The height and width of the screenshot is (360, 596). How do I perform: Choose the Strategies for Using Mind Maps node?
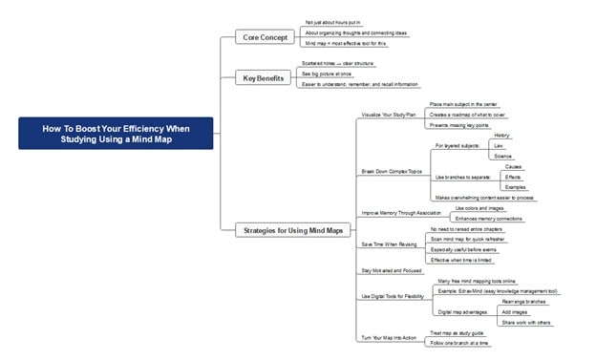pyautogui.click(x=294, y=229)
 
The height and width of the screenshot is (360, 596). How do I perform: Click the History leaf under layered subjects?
pyautogui.click(x=502, y=136)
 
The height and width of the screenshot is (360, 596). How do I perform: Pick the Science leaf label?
pyautogui.click(x=503, y=156)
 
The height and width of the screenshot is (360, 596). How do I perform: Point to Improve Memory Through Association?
pyautogui.click(x=401, y=212)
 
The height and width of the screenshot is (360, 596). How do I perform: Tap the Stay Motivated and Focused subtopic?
pyautogui.click(x=391, y=271)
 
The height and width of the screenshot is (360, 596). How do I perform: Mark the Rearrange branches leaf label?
pyautogui.click(x=522, y=302)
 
